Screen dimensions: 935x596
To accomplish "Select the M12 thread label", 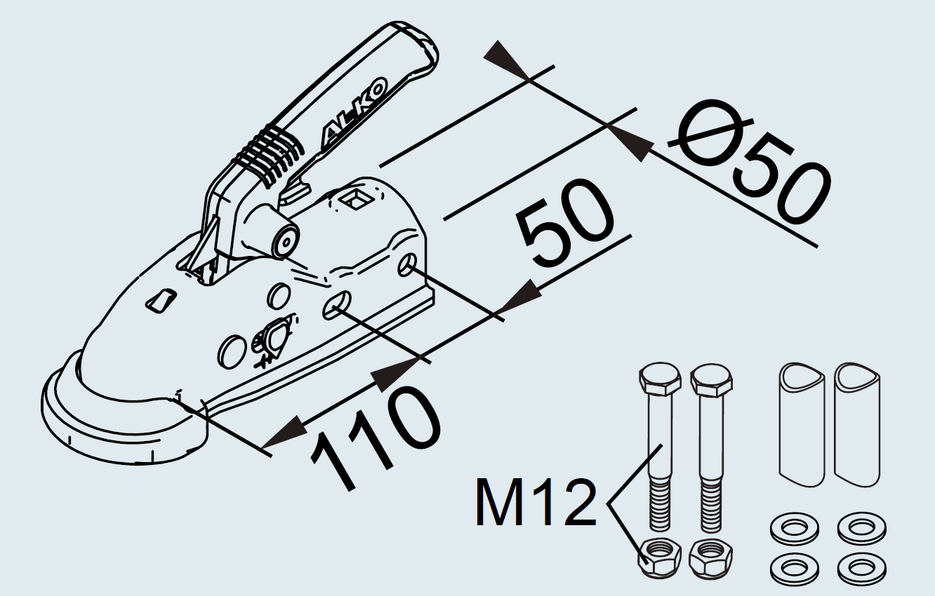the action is tap(536, 503).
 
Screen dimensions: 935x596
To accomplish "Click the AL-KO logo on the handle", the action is tap(354, 114).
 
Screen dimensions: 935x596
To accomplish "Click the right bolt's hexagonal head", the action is tap(711, 379).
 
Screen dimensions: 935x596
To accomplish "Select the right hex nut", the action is tap(710, 558).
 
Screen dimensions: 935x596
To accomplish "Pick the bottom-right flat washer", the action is tap(862, 568).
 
